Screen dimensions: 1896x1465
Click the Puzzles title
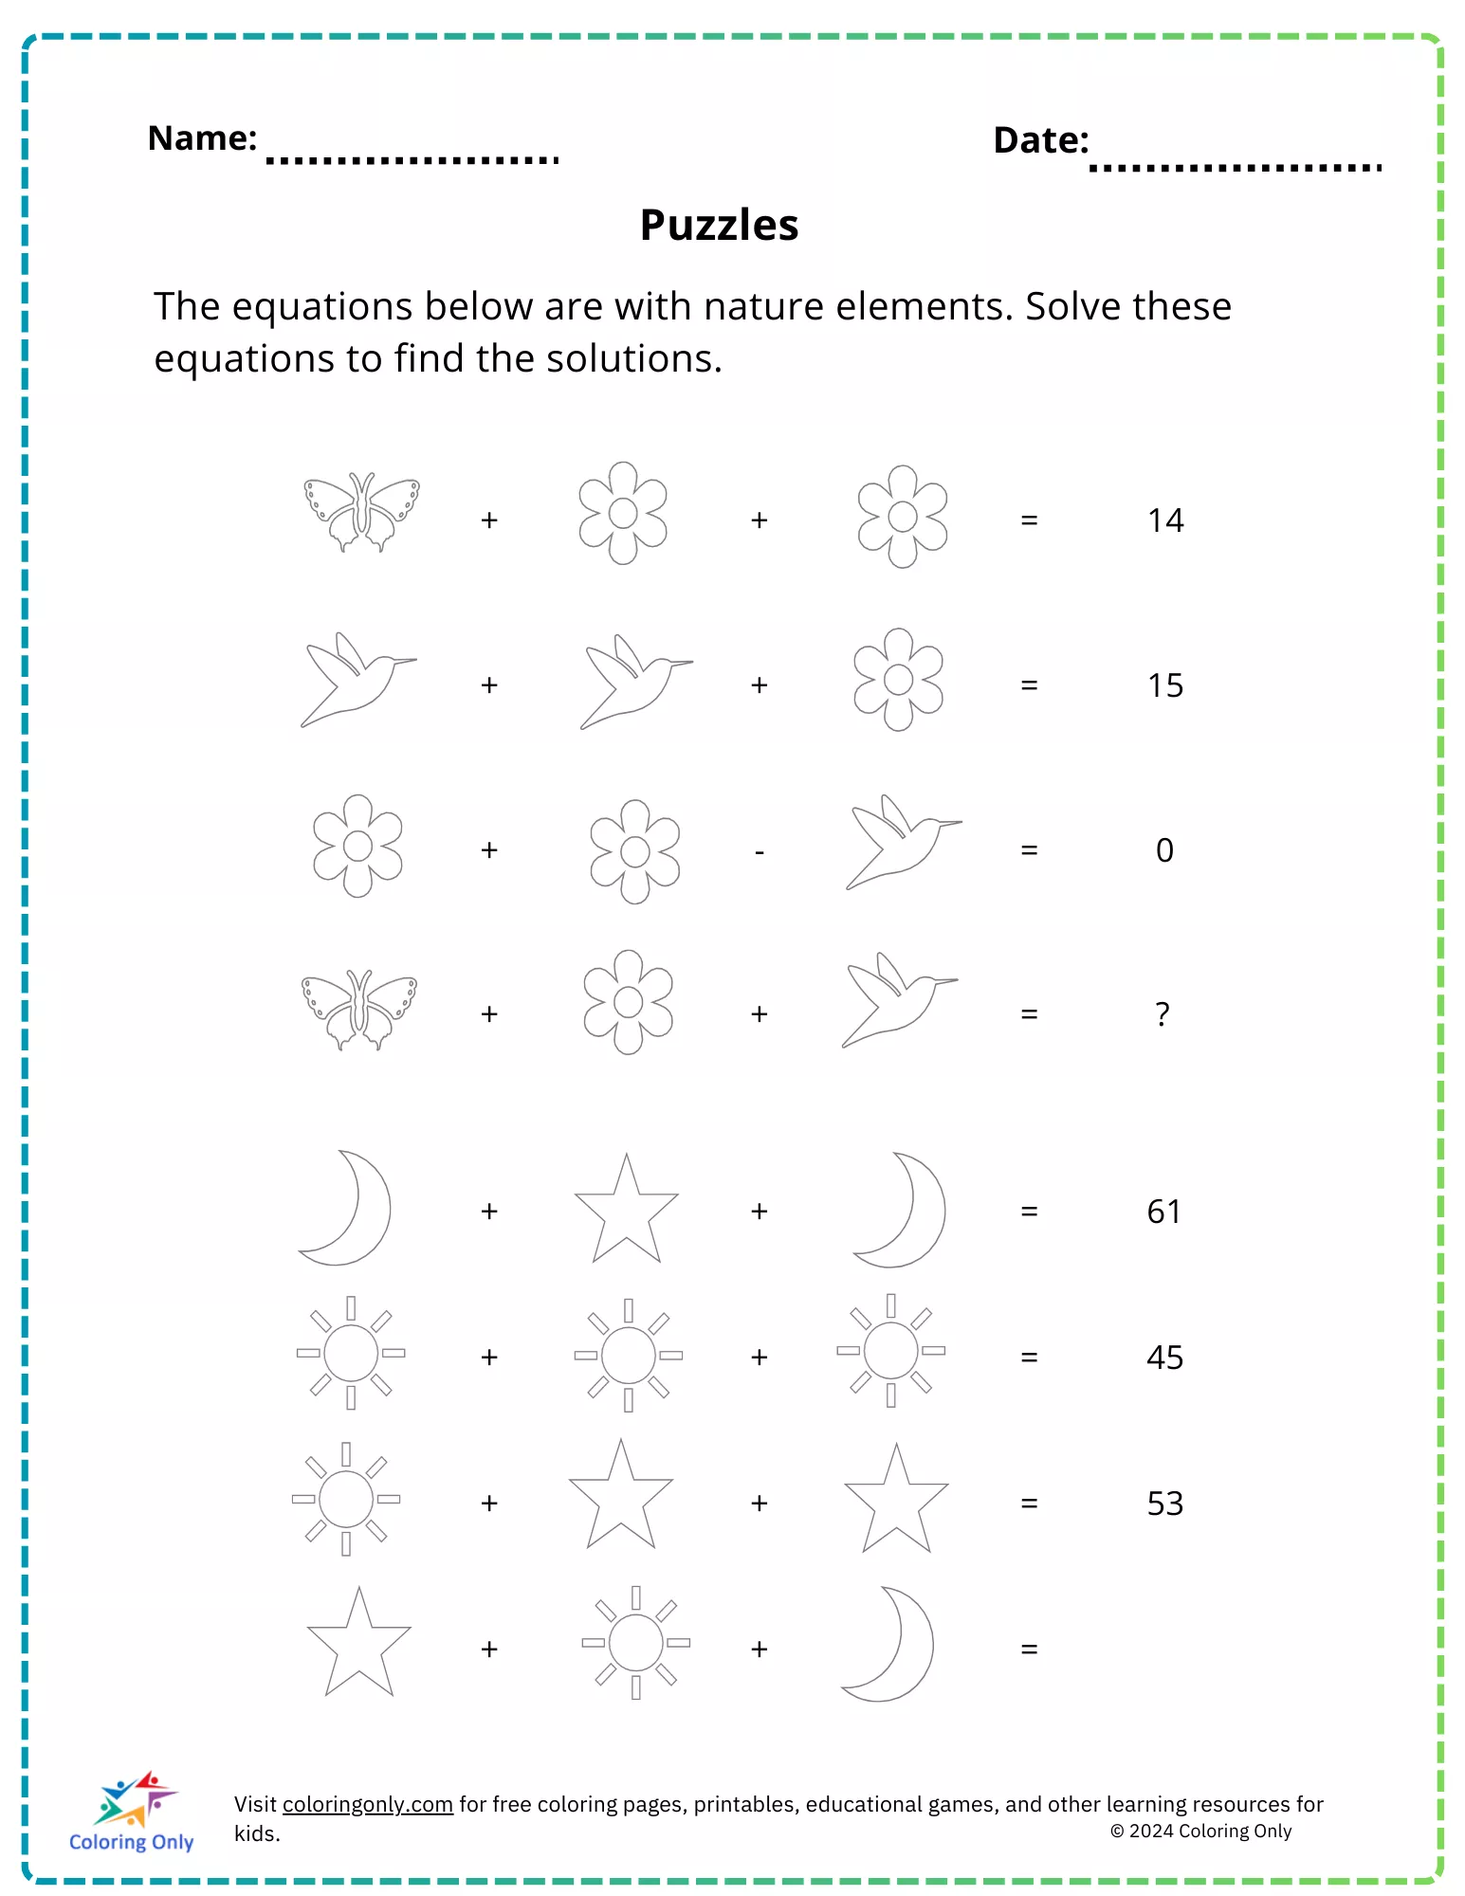719,226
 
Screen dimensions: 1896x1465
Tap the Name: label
202,138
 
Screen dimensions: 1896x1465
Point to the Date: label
1040,140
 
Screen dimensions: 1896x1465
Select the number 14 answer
1165,520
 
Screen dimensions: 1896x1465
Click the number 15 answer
1165,685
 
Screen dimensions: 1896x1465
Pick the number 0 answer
1164,850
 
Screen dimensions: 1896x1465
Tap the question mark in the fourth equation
1163,1014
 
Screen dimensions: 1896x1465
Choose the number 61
1164,1212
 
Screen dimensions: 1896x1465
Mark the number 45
1164,1358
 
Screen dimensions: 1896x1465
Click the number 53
1164,1504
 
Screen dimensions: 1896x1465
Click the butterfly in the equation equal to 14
361,512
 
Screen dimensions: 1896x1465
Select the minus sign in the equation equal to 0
760,852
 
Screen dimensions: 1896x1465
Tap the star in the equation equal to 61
626,1211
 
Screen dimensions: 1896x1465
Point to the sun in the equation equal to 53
346,1499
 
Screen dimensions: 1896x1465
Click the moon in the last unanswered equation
892,1644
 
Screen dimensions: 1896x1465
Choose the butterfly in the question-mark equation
358,1009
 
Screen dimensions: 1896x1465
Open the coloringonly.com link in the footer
367,1804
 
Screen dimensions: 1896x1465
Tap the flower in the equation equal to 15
898,680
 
